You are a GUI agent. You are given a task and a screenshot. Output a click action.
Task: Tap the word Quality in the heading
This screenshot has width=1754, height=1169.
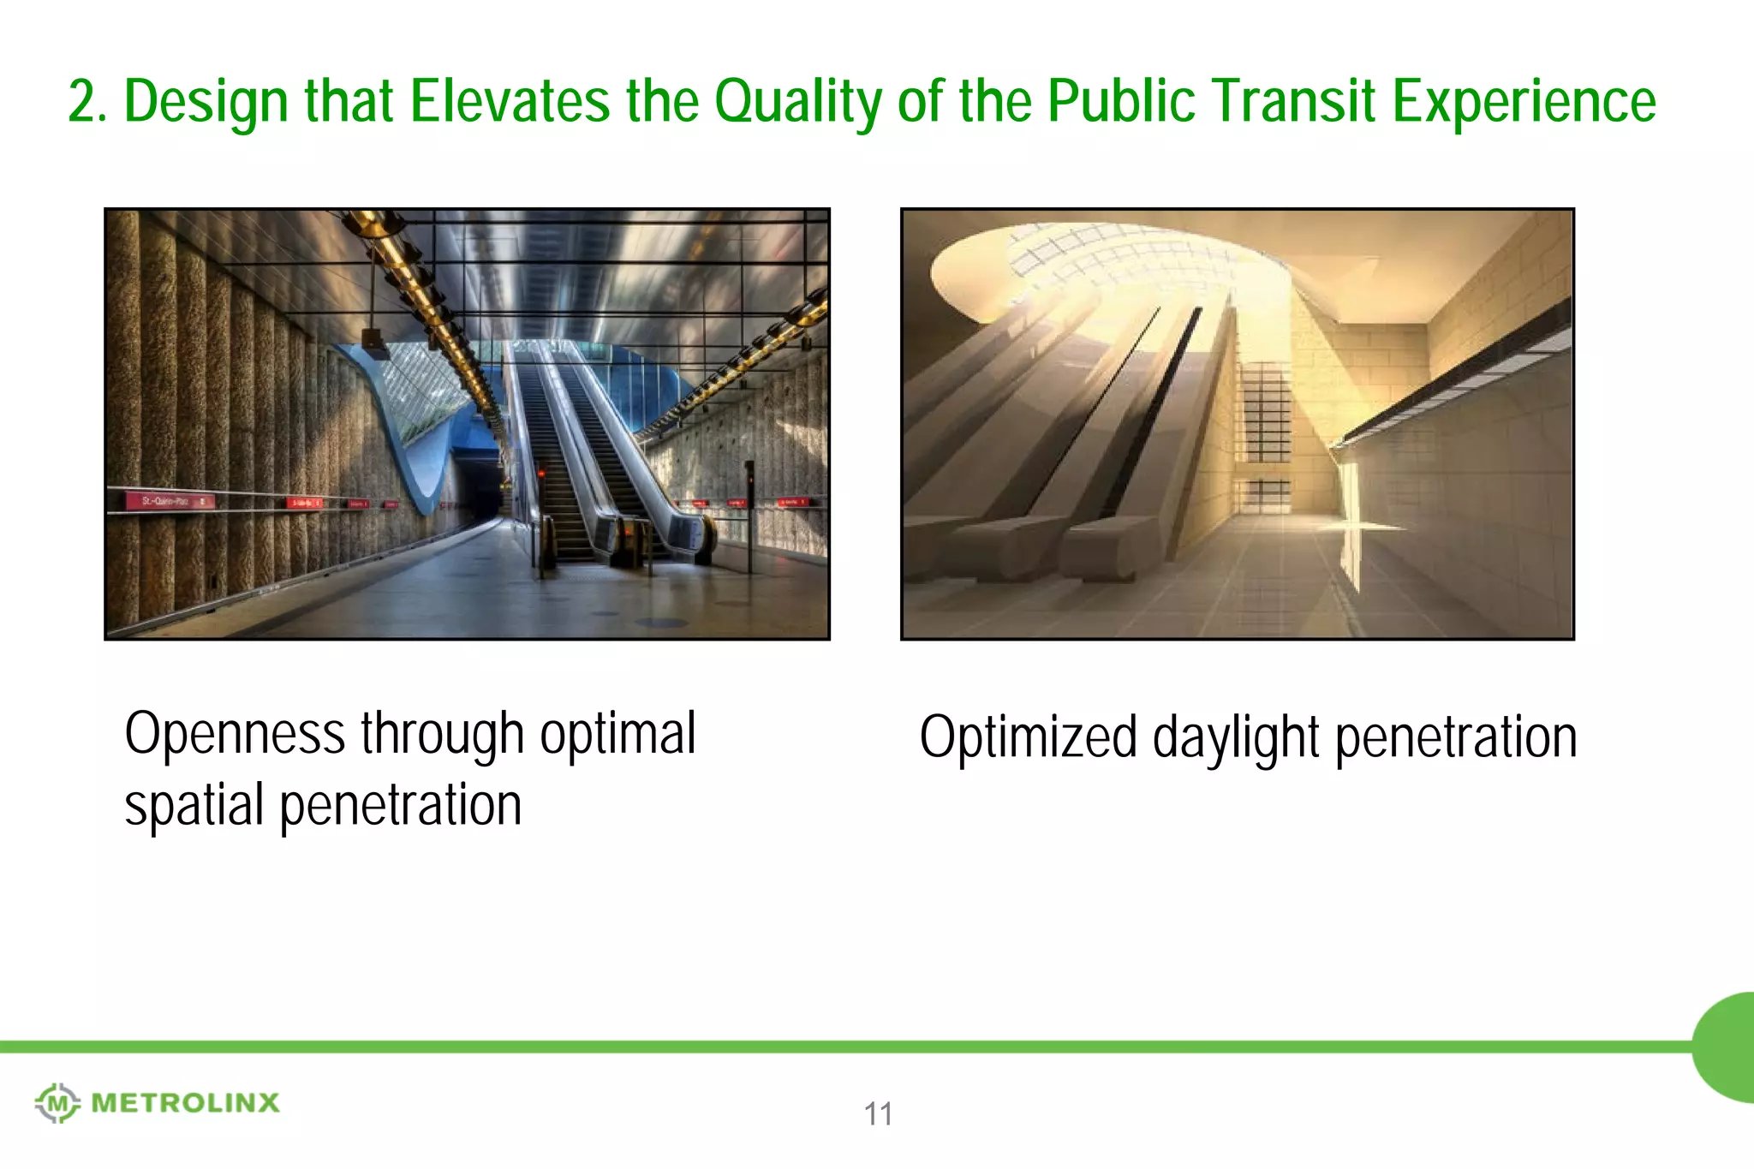[x=798, y=103]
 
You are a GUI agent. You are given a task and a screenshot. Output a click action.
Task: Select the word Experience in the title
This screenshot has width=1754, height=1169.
[x=1524, y=103]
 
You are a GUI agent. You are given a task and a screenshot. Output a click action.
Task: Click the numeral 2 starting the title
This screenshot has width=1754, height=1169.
[x=81, y=101]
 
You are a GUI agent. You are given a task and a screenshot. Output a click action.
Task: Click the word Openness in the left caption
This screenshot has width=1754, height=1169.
[x=235, y=735]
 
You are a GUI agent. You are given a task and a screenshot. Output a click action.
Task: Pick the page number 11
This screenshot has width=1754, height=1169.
[x=878, y=1114]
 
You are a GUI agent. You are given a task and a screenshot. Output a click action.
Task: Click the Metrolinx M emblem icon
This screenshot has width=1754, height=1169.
[x=57, y=1103]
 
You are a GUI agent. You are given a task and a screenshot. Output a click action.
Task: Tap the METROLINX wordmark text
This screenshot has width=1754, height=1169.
[x=185, y=1103]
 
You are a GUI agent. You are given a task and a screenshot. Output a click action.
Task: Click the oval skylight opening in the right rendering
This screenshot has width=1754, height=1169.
[x=1105, y=265]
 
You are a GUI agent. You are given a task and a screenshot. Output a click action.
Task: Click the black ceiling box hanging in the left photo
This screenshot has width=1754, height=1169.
[x=375, y=343]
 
